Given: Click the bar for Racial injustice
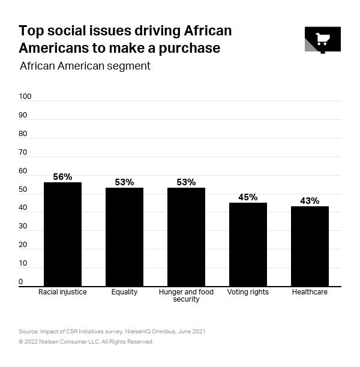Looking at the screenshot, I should click(62, 234).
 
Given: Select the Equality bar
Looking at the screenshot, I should click(124, 237).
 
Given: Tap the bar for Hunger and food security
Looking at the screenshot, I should click(186, 237).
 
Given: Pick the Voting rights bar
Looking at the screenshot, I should click(248, 245).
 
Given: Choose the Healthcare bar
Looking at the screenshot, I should click(310, 246).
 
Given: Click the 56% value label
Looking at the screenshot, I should click(62, 177).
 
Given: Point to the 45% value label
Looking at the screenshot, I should click(248, 197).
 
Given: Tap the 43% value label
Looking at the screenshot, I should click(310, 201).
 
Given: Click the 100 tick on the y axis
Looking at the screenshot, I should click(25, 97).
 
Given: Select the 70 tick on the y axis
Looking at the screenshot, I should click(23, 152).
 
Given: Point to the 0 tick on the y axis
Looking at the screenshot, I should click(21, 282).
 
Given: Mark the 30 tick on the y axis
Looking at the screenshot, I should click(23, 227).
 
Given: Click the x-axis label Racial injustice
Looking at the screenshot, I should click(62, 292).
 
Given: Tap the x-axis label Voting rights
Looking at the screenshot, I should click(248, 292).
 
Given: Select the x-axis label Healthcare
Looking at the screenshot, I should click(310, 292).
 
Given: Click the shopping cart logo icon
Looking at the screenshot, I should click(322, 40).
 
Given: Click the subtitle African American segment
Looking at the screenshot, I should click(85, 66).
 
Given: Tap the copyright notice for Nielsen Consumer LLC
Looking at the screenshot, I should click(86, 342).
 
